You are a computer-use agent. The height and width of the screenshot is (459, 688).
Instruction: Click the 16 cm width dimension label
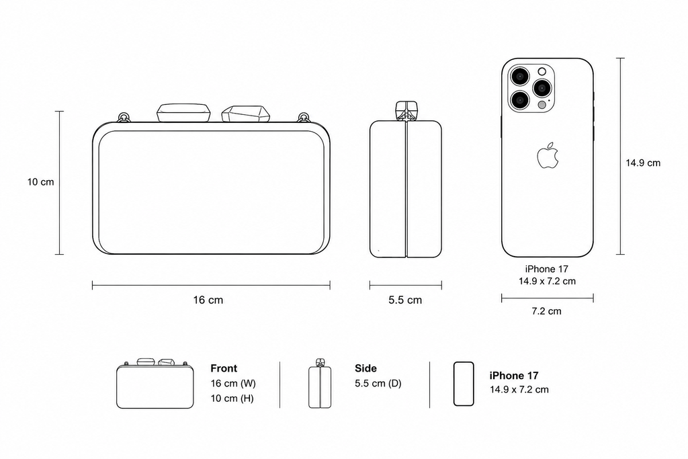[208, 300]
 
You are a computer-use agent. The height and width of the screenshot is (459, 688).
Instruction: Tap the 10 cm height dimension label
[41, 182]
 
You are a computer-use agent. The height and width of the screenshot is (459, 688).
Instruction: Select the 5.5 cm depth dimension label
[405, 300]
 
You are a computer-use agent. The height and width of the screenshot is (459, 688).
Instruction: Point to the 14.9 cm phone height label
[643, 163]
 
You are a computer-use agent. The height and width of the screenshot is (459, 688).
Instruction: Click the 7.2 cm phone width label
[546, 311]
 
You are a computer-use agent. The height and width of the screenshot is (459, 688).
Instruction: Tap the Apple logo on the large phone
[548, 155]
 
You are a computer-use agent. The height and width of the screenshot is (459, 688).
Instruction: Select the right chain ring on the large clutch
[304, 118]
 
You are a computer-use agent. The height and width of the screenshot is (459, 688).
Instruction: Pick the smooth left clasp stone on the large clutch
[184, 113]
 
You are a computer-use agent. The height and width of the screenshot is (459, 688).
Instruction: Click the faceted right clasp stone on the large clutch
[245, 114]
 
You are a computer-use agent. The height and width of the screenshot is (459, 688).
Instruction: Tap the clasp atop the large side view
[406, 111]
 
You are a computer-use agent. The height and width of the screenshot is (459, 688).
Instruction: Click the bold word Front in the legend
[224, 368]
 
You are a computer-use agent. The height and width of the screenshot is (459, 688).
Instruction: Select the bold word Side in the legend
[366, 368]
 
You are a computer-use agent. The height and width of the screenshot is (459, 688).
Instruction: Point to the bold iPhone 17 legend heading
[514, 376]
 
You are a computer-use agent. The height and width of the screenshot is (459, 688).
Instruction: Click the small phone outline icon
[464, 384]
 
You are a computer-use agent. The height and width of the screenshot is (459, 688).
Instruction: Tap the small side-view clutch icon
[320, 383]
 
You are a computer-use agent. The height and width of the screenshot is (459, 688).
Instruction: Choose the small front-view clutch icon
[155, 384]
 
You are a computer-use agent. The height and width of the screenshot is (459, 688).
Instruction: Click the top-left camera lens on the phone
[520, 77]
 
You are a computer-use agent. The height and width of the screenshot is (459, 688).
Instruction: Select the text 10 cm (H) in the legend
[232, 399]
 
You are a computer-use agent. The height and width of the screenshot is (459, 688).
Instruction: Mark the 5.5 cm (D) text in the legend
[378, 384]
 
